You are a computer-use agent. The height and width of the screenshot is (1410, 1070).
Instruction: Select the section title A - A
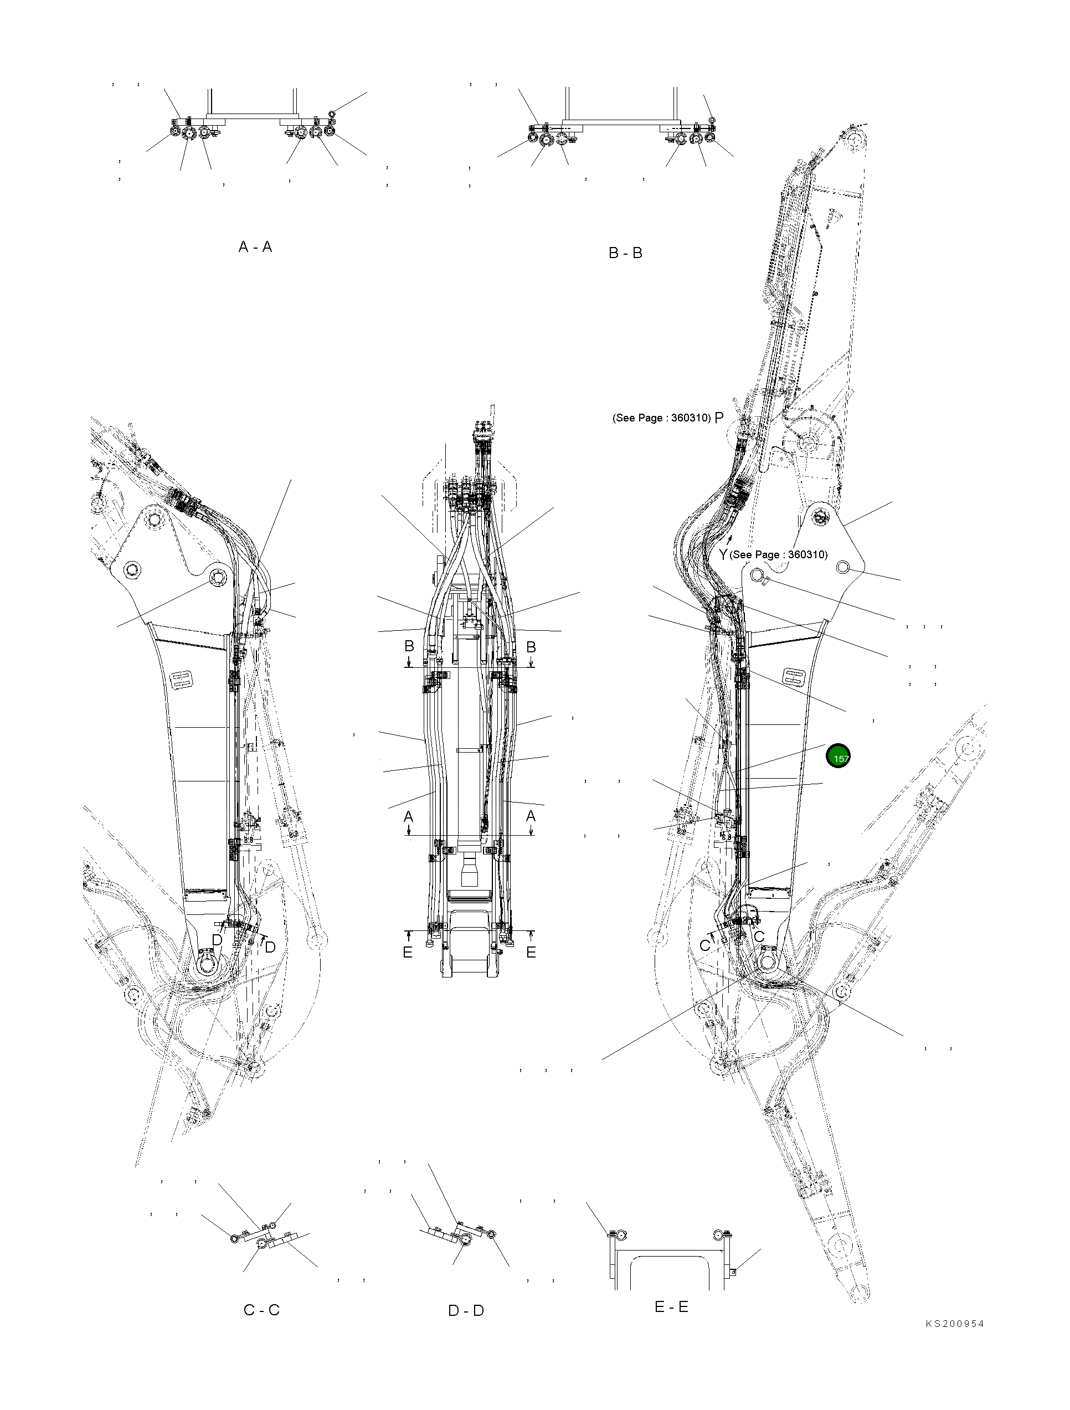[255, 246]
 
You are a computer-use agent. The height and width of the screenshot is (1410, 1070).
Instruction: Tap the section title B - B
[625, 253]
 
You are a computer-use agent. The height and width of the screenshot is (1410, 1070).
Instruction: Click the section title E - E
[671, 1307]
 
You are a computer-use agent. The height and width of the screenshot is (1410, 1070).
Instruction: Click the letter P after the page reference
[719, 418]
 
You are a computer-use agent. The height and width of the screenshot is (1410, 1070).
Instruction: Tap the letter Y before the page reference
[723, 554]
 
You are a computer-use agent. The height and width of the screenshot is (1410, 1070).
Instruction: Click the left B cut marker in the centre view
[409, 646]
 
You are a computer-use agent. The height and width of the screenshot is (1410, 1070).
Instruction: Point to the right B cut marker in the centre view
[530, 646]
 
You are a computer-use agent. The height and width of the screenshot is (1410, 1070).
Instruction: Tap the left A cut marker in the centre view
[409, 816]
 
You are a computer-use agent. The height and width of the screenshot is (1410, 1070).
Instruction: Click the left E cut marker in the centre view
[408, 953]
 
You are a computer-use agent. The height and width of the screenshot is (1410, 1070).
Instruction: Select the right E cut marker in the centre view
[531, 953]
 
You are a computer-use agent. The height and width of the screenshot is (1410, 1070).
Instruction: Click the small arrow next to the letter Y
[729, 539]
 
